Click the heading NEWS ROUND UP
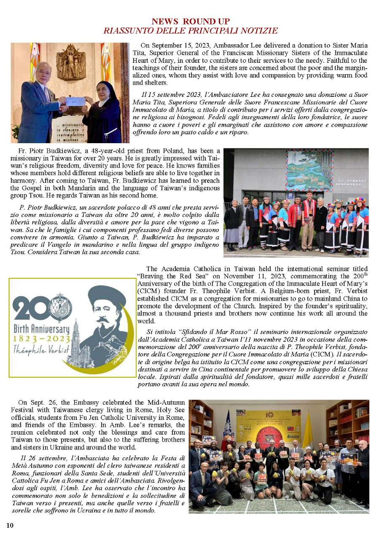[191, 21]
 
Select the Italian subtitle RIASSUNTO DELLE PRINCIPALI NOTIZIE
[191, 31]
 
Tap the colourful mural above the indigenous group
[309, 170]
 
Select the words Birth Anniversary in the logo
[41, 328]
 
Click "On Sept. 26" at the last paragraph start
[34, 402]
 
